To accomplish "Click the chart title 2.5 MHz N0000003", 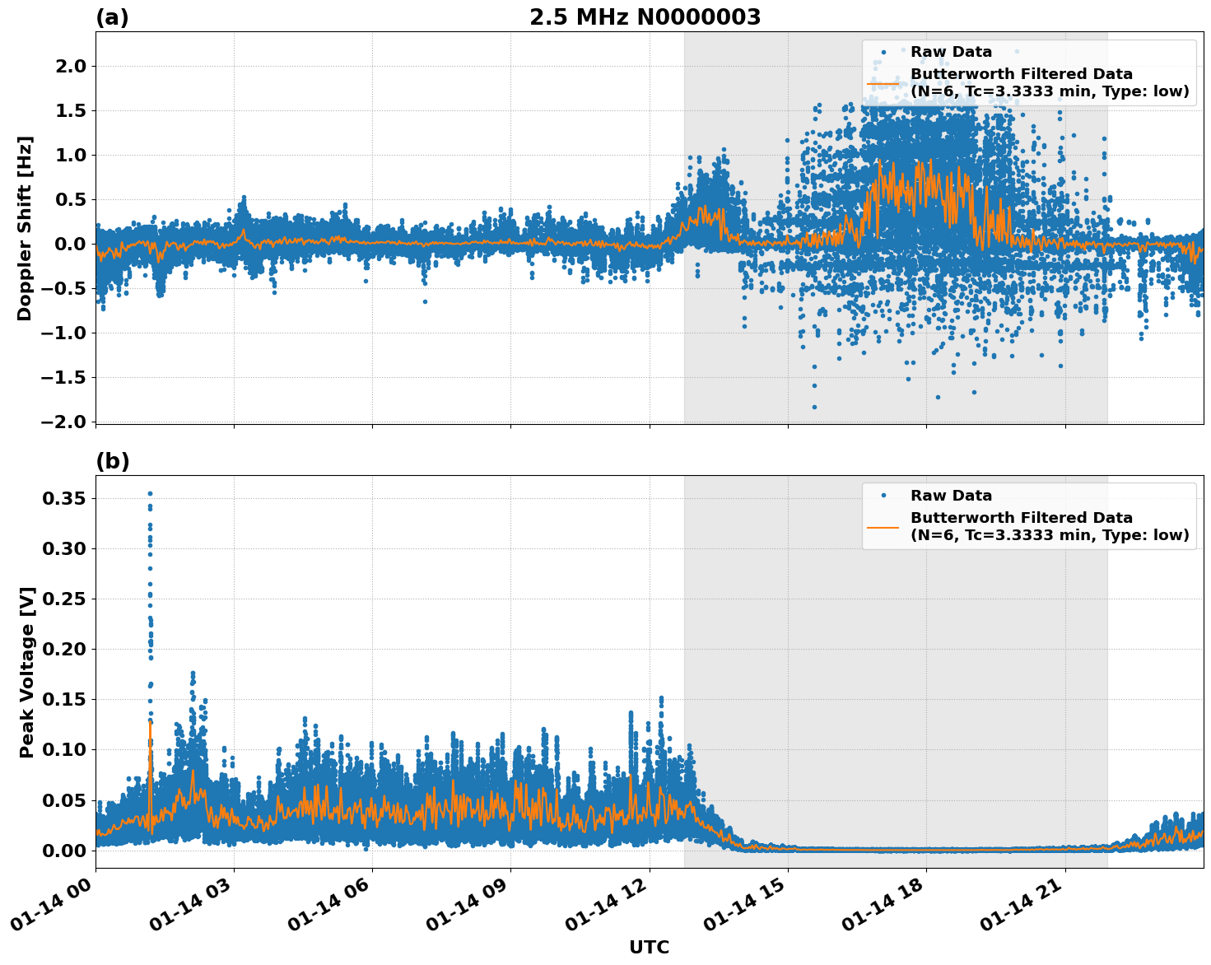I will pos(645,17).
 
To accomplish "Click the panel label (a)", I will pos(112,17).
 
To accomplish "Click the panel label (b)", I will pos(112,461).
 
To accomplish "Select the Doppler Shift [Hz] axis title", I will pos(25,228).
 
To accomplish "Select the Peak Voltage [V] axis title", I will pos(27,672).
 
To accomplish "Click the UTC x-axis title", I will pos(649,947).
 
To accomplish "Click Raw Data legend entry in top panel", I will pos(951,52).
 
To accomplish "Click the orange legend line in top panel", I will pos(883,83).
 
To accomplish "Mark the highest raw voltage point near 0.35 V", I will pos(150,493).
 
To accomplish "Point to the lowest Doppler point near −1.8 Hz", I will pos(814,407).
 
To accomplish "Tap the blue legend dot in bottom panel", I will pos(883,496).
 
